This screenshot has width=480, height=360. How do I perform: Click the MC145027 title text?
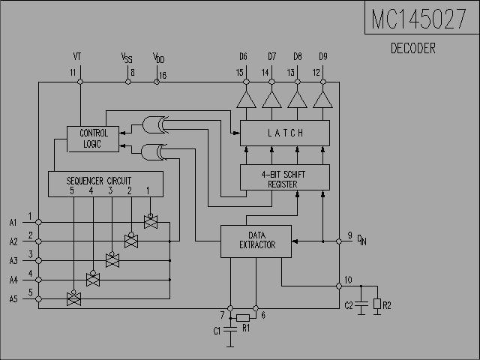418,19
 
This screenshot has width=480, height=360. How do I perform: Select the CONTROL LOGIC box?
93,139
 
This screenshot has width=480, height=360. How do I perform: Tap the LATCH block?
285,133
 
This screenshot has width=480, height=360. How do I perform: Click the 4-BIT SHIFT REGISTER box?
285,178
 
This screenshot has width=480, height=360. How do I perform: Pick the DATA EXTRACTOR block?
256,241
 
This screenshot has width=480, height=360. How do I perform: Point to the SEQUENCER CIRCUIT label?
99,181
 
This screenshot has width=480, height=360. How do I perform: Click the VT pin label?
77,57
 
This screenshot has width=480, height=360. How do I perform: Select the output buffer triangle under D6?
247,100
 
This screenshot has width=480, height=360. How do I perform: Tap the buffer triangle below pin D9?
323,100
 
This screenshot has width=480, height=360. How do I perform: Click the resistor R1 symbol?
243,318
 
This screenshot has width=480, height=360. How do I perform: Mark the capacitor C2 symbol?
361,304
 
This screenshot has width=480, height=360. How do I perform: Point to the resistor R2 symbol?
377,304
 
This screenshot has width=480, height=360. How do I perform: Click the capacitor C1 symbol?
230,329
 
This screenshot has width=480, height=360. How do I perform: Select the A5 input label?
13,299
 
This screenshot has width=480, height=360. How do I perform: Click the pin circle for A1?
38,222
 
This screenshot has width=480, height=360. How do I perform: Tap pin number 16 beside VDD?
163,75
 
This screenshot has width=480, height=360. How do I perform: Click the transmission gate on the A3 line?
112,260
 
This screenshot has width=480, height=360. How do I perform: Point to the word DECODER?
413,48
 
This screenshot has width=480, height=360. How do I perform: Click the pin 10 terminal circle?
339,286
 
